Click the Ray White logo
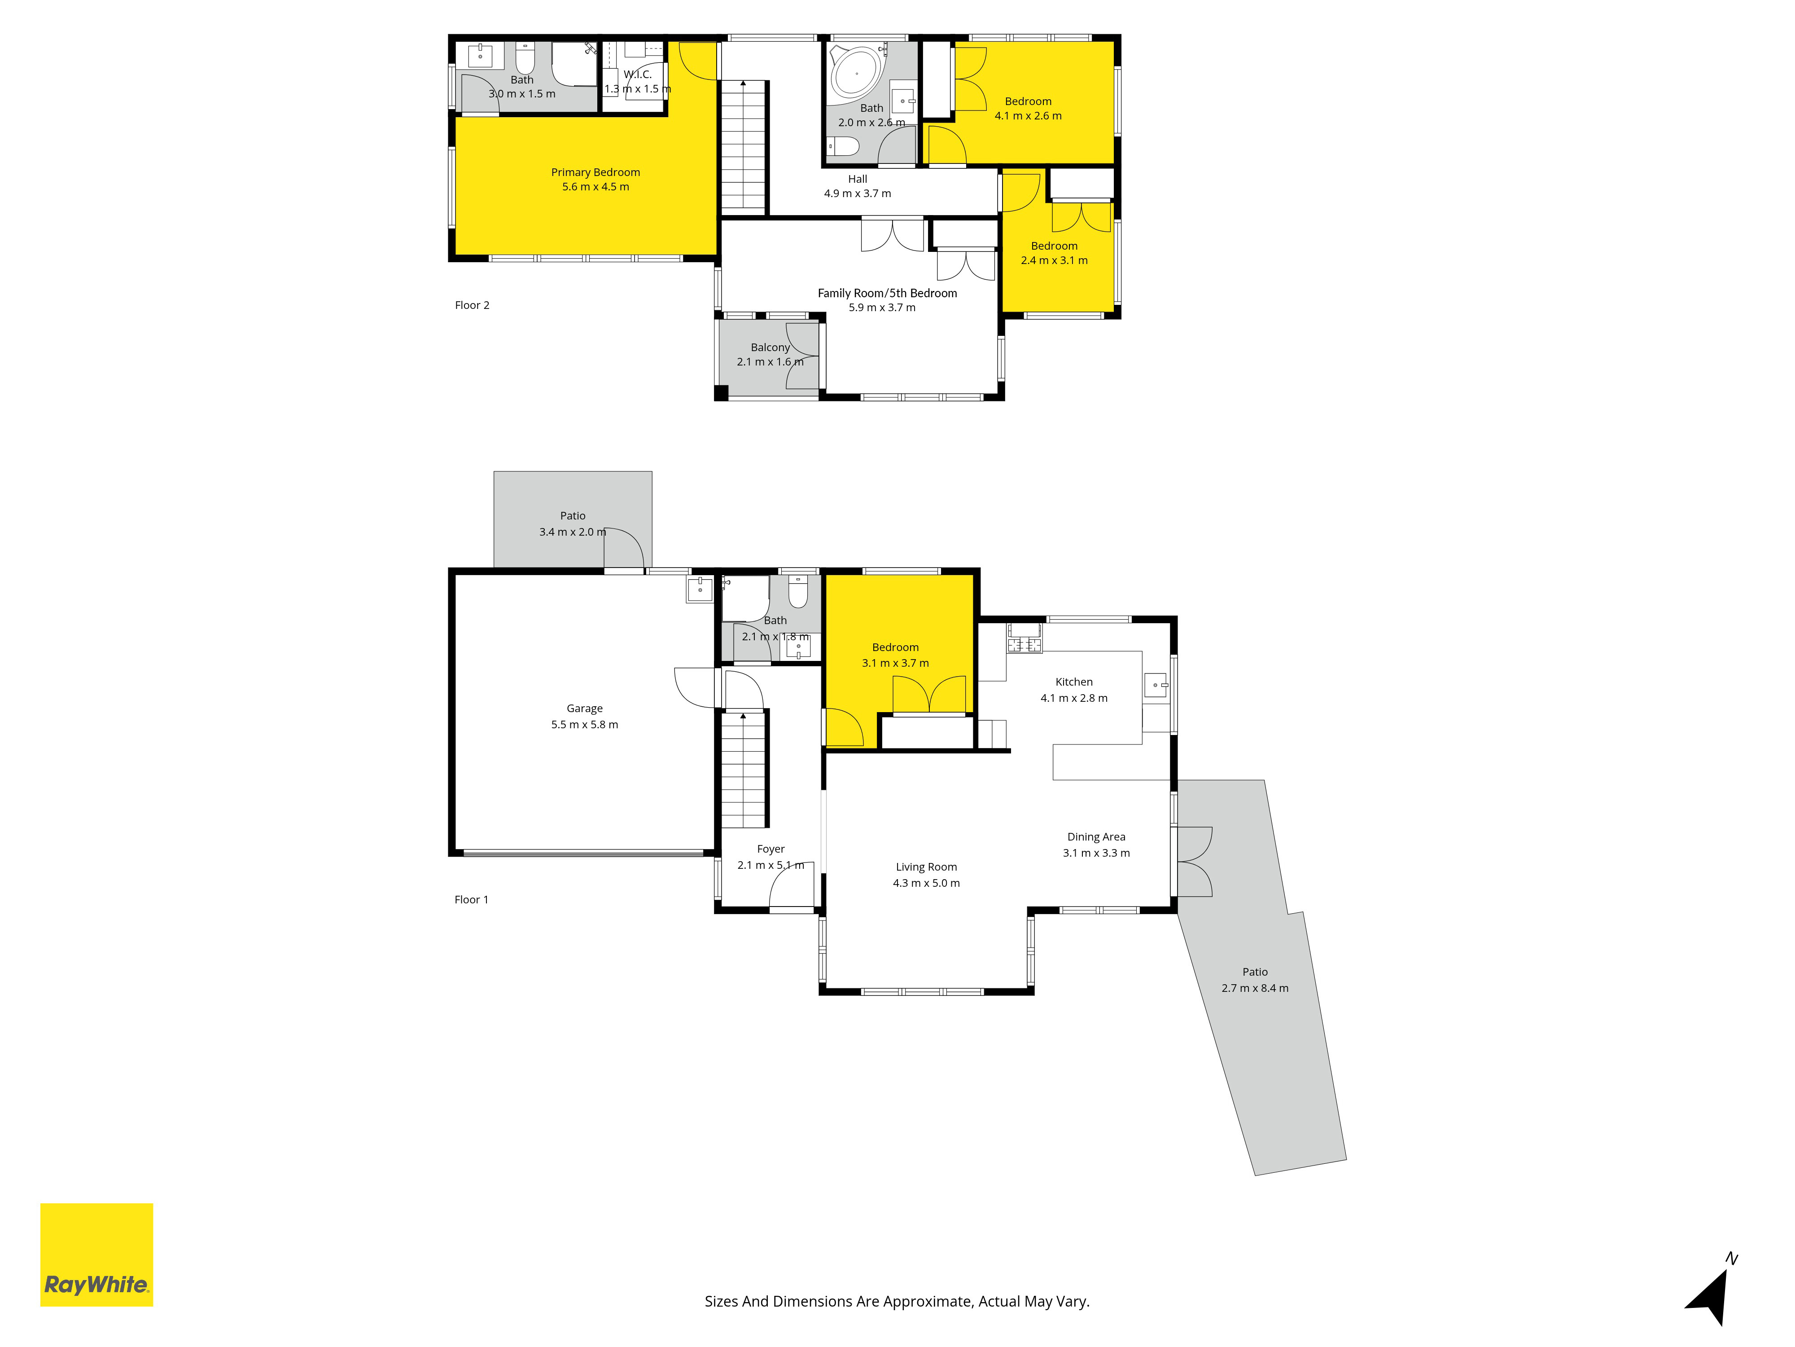tap(96, 1255)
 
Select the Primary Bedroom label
tap(595, 172)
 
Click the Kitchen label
tap(1073, 682)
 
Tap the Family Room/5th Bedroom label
tap(887, 293)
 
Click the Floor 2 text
tap(472, 305)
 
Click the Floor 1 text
tap(472, 900)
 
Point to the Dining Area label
tap(1096, 837)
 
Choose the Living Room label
tap(926, 867)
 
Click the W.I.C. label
tap(638, 75)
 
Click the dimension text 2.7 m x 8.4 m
tap(1255, 988)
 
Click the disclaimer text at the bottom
tap(897, 1302)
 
